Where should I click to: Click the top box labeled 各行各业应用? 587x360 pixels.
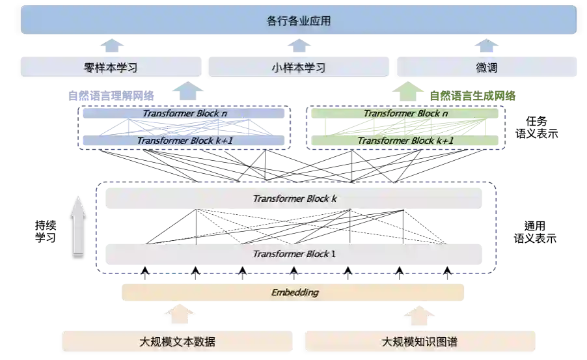point(299,20)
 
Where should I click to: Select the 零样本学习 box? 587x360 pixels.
point(112,66)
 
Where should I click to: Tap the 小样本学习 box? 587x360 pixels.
point(299,66)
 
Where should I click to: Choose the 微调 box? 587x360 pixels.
point(486,66)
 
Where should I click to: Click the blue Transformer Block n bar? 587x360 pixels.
point(185,113)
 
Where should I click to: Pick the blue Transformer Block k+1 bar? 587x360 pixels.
point(185,141)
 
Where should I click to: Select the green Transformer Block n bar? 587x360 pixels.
point(405,113)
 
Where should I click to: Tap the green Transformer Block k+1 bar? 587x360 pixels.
point(405,141)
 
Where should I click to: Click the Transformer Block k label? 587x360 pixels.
point(294,199)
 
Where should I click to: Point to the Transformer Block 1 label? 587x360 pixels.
point(294,253)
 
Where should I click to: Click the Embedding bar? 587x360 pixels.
point(294,292)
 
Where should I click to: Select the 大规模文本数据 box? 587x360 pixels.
point(177,341)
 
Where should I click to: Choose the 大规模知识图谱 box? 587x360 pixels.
point(420,341)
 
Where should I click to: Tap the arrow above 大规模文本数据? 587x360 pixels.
point(177,315)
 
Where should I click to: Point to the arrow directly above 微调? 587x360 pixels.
point(486,45)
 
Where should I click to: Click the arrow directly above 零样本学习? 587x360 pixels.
point(112,45)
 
